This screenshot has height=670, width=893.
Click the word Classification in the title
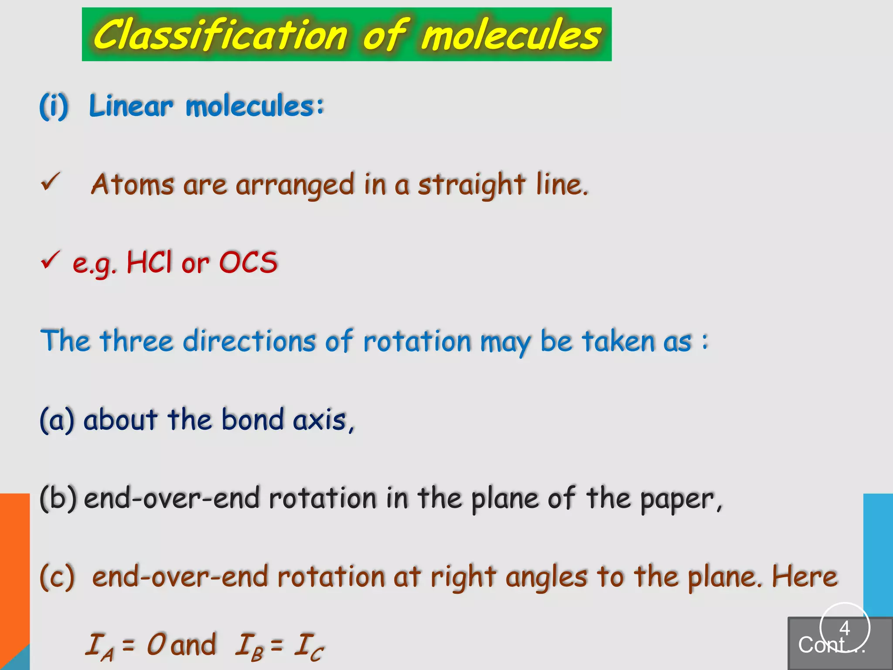[220, 35]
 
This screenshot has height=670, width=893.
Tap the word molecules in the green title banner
[511, 36]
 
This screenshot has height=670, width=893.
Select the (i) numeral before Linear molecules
[54, 106]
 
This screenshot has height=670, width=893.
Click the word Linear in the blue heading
[131, 106]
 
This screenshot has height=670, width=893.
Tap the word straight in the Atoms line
[471, 185]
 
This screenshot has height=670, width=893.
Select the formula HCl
[149, 263]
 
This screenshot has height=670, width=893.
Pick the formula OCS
[248, 263]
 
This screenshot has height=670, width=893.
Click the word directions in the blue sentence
[249, 341]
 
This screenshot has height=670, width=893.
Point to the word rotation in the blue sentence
[417, 341]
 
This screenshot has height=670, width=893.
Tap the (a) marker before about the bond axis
[57, 420]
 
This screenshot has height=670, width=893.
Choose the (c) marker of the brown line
[57, 577]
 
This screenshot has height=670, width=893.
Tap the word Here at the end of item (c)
[804, 577]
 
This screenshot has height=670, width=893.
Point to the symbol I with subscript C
[309, 646]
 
